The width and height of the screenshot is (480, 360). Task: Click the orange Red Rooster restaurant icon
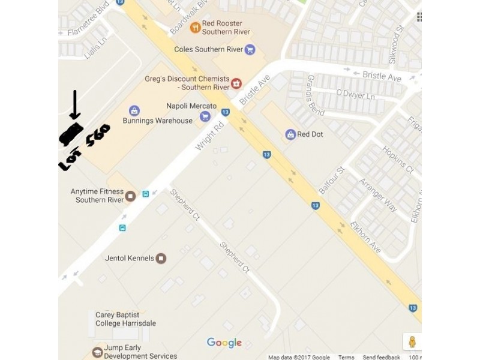point(195,28)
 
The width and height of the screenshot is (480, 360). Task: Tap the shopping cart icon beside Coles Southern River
point(250,49)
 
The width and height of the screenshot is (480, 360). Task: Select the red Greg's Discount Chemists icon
point(236,83)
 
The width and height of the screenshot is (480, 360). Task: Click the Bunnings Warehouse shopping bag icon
point(134,111)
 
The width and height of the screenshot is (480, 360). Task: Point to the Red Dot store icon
point(291,134)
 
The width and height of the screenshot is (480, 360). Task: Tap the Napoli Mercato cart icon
point(205,116)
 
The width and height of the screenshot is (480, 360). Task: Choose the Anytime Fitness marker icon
point(131,196)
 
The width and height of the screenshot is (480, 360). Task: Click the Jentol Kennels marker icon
point(161,258)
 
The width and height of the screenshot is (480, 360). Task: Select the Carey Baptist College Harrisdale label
point(125,319)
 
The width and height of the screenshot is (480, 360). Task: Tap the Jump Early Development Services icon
point(97,352)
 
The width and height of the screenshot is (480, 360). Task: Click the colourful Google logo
point(224,343)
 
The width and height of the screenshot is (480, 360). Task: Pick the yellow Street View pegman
point(412,342)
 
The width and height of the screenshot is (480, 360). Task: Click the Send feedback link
point(382,357)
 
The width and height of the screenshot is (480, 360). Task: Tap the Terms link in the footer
point(346,357)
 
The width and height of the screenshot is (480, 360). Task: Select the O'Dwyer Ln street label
point(355,95)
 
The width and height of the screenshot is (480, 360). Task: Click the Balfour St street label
point(331,180)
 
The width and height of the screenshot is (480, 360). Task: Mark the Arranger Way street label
point(378,194)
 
